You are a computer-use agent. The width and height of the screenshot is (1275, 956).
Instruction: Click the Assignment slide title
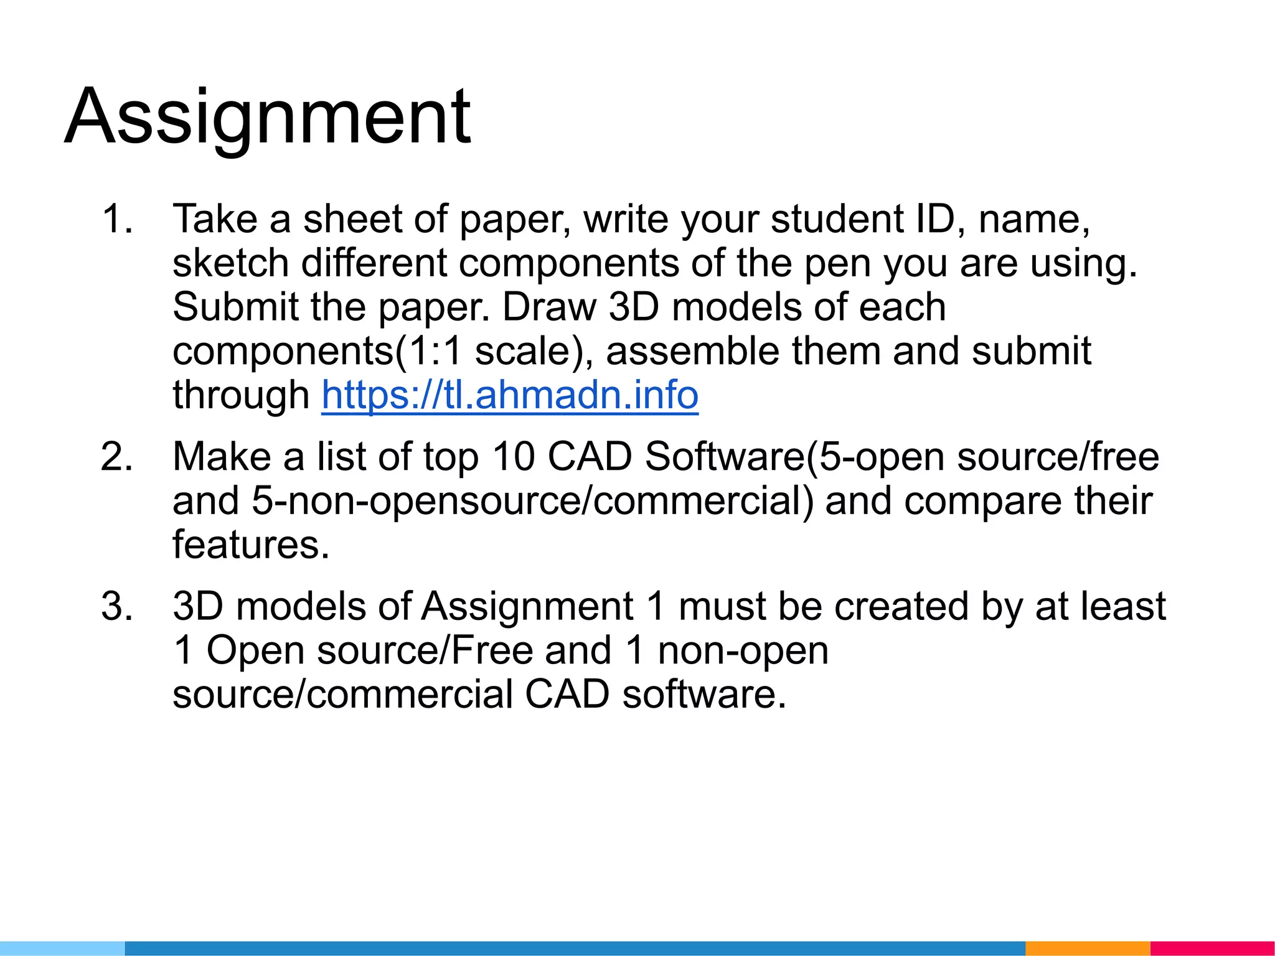click(268, 117)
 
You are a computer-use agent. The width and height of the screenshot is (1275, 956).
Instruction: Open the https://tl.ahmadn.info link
click(510, 395)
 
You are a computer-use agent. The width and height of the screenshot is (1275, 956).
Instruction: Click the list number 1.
click(116, 219)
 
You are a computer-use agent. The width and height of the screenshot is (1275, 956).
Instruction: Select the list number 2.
click(116, 457)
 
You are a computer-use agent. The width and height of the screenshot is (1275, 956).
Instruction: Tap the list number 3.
click(116, 606)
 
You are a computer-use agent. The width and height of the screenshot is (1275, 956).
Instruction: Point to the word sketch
click(230, 263)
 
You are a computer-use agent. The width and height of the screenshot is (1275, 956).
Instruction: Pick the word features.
click(250, 545)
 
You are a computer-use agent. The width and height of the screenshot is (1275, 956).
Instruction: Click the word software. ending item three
click(704, 695)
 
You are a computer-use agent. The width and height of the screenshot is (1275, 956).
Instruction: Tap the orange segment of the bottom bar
click(1087, 949)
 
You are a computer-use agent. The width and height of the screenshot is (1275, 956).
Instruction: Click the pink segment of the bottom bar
click(1211, 949)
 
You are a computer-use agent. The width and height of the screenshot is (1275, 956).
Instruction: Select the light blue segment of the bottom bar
click(62, 949)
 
